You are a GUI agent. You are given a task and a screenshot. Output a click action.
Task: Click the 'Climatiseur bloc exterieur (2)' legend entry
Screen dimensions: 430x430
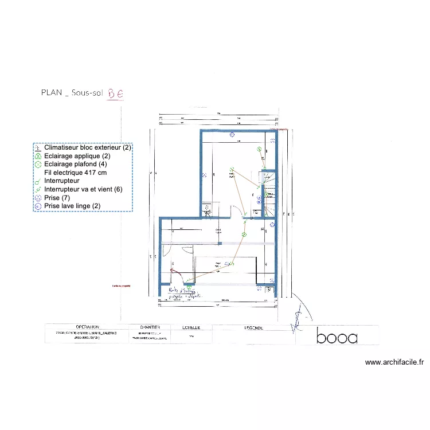[x=88, y=148]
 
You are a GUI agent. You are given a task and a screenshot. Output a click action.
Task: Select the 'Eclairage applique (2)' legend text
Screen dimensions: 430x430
[x=77, y=156]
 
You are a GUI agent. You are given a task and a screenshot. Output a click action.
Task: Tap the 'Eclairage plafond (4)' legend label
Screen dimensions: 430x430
[x=76, y=164]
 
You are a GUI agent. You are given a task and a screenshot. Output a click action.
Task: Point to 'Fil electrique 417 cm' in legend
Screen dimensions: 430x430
[x=75, y=173]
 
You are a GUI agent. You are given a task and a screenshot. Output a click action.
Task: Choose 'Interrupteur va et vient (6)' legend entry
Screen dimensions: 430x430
[x=83, y=189]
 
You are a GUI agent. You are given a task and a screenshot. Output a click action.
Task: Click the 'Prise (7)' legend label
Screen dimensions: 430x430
[x=57, y=198]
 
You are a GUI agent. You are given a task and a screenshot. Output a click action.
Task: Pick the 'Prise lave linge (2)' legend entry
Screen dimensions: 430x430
[x=72, y=206]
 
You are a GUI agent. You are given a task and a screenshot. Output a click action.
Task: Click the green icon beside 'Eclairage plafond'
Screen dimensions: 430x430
[x=38, y=165]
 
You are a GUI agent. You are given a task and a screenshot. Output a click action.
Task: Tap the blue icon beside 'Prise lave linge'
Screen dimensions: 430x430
[x=38, y=206]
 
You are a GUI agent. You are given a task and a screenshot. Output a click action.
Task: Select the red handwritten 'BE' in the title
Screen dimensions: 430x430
[x=115, y=92]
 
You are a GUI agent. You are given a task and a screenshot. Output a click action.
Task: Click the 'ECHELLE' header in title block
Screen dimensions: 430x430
[x=191, y=327]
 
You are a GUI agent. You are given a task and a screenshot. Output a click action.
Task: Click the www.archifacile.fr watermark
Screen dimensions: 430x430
[x=394, y=362]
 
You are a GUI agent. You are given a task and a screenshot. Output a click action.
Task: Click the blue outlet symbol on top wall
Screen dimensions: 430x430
[x=232, y=135]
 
